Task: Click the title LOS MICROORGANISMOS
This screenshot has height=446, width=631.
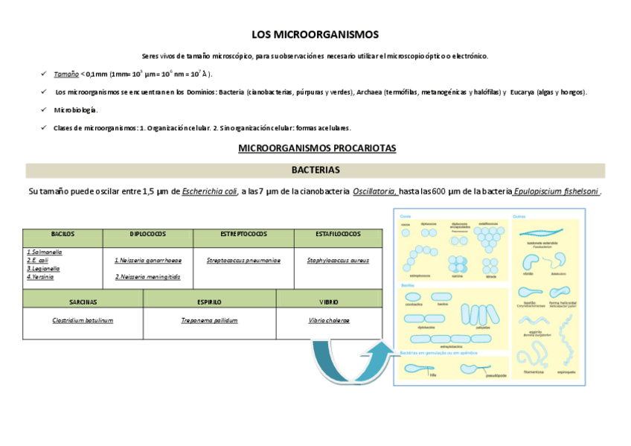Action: pyautogui.click(x=315, y=34)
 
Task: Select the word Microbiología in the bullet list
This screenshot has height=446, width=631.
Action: pyautogui.click(x=75, y=110)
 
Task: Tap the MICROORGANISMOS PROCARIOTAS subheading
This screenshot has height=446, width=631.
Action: pyautogui.click(x=316, y=148)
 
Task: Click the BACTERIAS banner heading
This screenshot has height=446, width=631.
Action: pyautogui.click(x=315, y=170)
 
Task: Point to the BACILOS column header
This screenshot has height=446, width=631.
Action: pyautogui.click(x=63, y=234)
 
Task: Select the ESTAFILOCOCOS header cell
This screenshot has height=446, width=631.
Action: pyautogui.click(x=338, y=234)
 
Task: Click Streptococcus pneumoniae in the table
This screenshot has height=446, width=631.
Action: pyautogui.click(x=243, y=261)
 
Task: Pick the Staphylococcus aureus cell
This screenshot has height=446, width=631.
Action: pyautogui.click(x=338, y=261)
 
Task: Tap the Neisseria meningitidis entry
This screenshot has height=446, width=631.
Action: pyautogui.click(x=149, y=277)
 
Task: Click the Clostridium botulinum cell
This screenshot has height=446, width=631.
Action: pyautogui.click(x=83, y=320)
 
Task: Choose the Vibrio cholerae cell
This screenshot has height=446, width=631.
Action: pyautogui.click(x=329, y=320)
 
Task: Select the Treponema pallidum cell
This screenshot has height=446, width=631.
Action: pyautogui.click(x=209, y=320)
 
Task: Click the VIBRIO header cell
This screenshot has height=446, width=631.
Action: pyautogui.click(x=329, y=302)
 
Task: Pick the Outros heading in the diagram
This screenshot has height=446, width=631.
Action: pyautogui.click(x=520, y=217)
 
